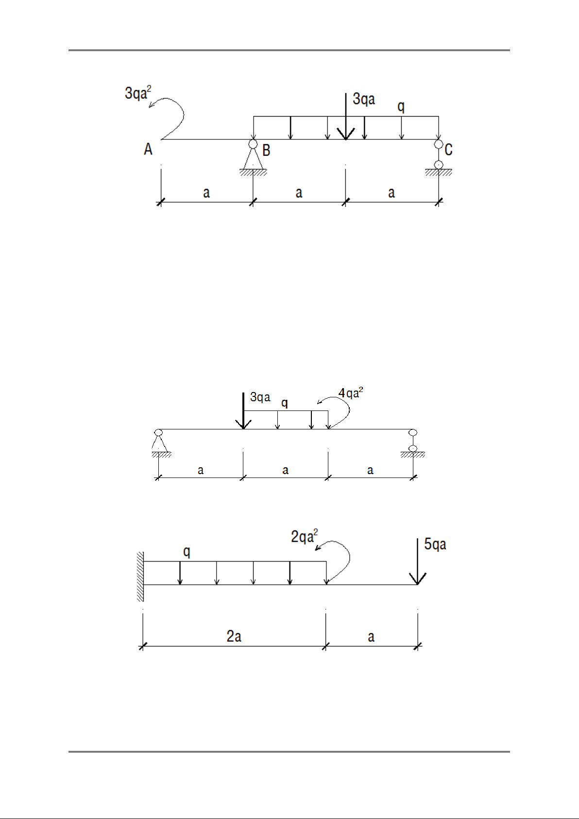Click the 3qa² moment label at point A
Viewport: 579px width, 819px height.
[x=138, y=93]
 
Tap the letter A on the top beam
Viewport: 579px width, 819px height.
[x=148, y=149]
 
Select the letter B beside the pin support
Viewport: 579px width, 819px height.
[x=266, y=150]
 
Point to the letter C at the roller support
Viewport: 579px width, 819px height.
[x=448, y=150]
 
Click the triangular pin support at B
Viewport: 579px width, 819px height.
[x=253, y=157]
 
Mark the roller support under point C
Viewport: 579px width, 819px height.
[x=439, y=158]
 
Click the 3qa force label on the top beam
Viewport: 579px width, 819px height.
[x=364, y=99]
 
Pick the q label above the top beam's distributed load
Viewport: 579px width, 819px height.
[x=401, y=107]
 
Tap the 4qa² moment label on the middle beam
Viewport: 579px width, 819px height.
[x=351, y=393]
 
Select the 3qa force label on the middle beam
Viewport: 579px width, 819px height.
[x=260, y=397]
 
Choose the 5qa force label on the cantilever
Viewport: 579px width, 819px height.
[x=435, y=545]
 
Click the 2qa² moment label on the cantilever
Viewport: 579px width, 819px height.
[x=304, y=536]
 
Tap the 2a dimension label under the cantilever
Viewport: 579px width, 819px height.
[x=234, y=636]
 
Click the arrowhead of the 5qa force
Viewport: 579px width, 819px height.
[x=417, y=580]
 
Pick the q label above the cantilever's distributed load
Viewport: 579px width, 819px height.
[x=187, y=551]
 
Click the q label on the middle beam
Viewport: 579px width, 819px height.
[x=284, y=403]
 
